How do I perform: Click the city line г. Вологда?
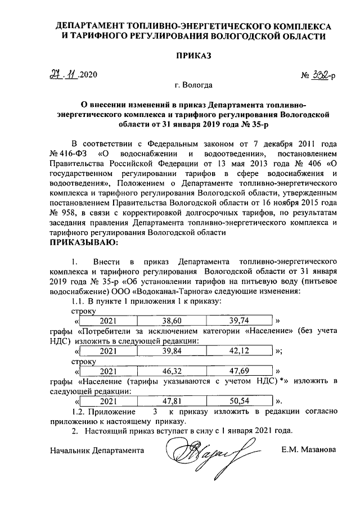[193, 86]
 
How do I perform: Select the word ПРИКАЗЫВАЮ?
[84, 242]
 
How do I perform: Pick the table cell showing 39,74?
[242, 320]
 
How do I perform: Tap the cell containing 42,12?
[242, 351]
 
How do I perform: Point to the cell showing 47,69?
[242, 371]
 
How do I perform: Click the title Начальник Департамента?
[96, 451]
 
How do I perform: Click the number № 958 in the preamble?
[60, 214]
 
